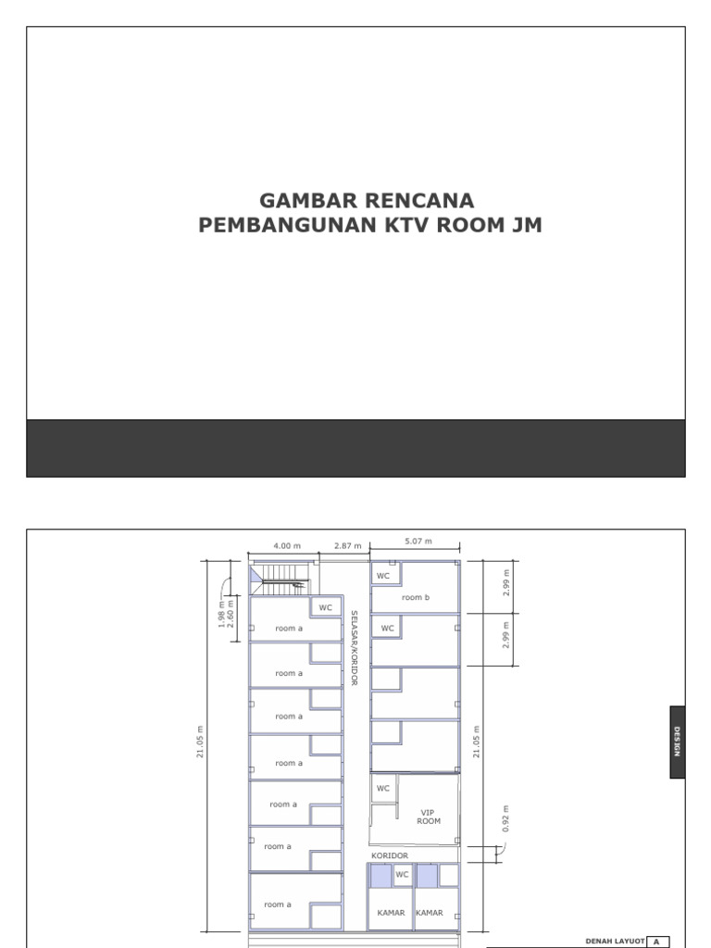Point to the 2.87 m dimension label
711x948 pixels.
click(x=347, y=546)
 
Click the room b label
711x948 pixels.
click(x=416, y=598)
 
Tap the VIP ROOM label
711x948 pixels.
click(x=429, y=817)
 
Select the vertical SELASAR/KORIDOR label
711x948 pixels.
click(x=354, y=647)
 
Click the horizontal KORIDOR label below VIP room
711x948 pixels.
click(x=390, y=855)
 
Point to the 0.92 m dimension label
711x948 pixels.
click(x=505, y=818)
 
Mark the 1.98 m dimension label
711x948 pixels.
click(x=222, y=614)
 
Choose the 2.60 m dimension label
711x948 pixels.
click(x=231, y=614)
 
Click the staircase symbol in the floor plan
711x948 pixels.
click(x=282, y=579)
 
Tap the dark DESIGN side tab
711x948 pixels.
click(x=678, y=742)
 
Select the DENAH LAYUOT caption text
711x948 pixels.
click(x=615, y=941)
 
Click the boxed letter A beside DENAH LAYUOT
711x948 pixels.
click(x=657, y=941)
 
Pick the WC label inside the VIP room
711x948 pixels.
click(x=383, y=788)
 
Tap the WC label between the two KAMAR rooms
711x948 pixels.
click(x=402, y=873)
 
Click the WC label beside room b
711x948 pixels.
click(x=383, y=575)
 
